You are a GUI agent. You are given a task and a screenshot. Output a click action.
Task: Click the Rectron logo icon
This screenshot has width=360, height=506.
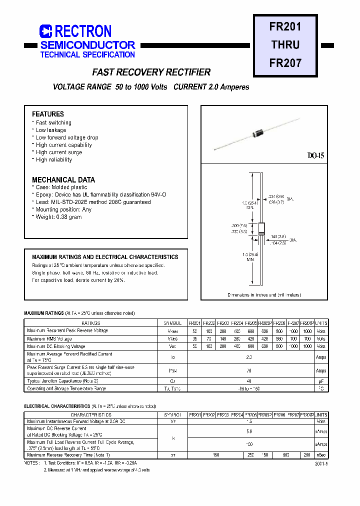[x=46, y=31]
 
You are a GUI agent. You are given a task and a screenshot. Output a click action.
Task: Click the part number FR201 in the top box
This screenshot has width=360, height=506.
[x=285, y=26]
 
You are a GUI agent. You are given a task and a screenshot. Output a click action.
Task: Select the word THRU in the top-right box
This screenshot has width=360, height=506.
[x=285, y=44]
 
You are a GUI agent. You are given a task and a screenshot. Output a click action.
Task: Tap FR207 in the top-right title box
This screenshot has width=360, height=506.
[x=285, y=63]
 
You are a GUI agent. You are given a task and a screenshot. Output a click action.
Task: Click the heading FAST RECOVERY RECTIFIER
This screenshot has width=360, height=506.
[x=151, y=72]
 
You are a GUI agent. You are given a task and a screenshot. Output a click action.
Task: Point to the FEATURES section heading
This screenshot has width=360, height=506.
[x=48, y=114]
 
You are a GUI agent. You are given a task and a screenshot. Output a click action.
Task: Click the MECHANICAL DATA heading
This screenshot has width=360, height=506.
[x=63, y=179]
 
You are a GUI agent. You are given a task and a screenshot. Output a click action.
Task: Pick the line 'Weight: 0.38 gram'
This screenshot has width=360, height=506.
[x=58, y=217]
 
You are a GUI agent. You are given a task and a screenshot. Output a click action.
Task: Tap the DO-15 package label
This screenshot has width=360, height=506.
[x=315, y=155]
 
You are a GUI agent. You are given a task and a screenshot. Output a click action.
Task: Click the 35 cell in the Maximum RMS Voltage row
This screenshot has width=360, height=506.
[x=194, y=338]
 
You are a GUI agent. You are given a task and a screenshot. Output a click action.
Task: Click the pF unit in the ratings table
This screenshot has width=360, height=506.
[x=321, y=381]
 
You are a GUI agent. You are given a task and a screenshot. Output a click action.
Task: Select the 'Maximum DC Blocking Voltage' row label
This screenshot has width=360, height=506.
[x=56, y=346]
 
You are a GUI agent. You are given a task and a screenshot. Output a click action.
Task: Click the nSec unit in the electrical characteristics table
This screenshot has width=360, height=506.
[x=321, y=454]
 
